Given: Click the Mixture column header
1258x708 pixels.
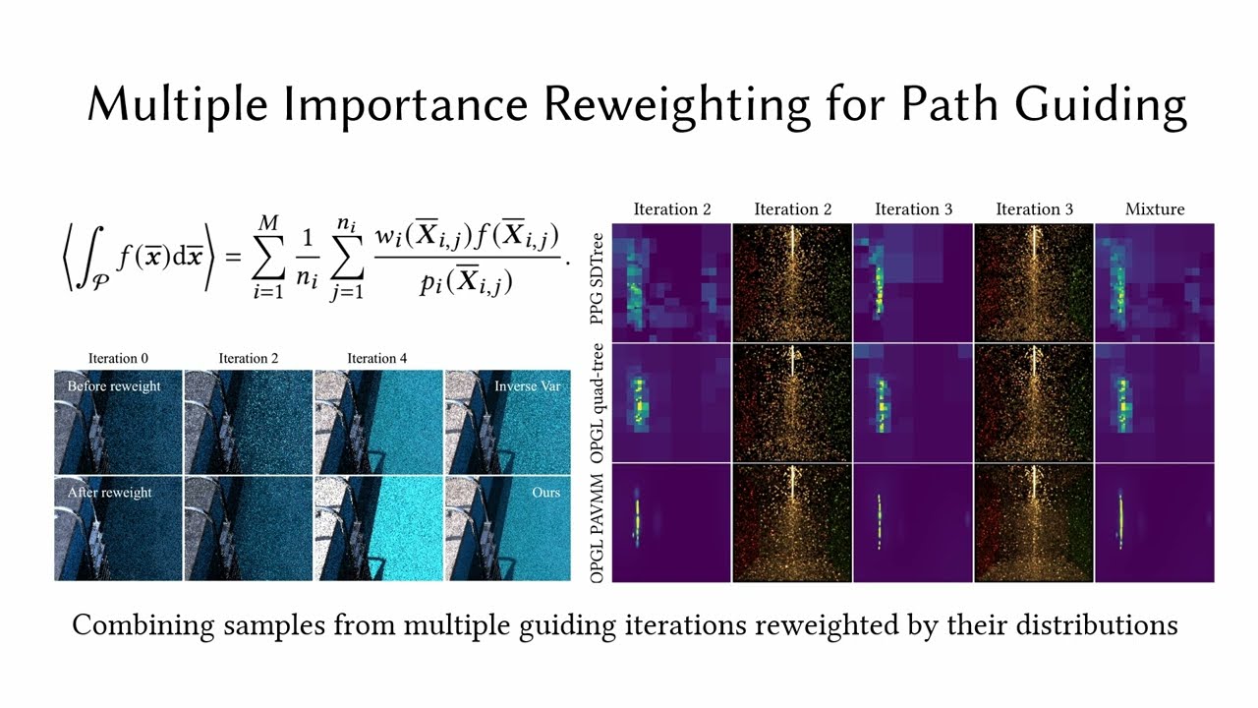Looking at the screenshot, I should pos(1155,209).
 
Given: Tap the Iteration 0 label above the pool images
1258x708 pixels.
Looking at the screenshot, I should pos(118,359).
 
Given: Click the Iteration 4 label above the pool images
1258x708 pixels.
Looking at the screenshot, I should pos(376,359).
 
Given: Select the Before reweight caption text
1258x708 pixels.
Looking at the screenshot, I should pos(113,386).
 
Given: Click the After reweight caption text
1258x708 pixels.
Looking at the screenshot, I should pos(109,492).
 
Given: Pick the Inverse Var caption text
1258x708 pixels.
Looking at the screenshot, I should pos(528,386).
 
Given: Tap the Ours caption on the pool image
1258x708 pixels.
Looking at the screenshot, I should pos(545,492).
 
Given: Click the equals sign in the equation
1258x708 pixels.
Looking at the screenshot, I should pos(233,258).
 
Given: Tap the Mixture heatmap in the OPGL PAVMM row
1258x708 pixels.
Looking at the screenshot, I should pos(1154,523).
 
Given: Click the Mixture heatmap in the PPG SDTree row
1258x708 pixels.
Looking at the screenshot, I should pos(1154,282).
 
